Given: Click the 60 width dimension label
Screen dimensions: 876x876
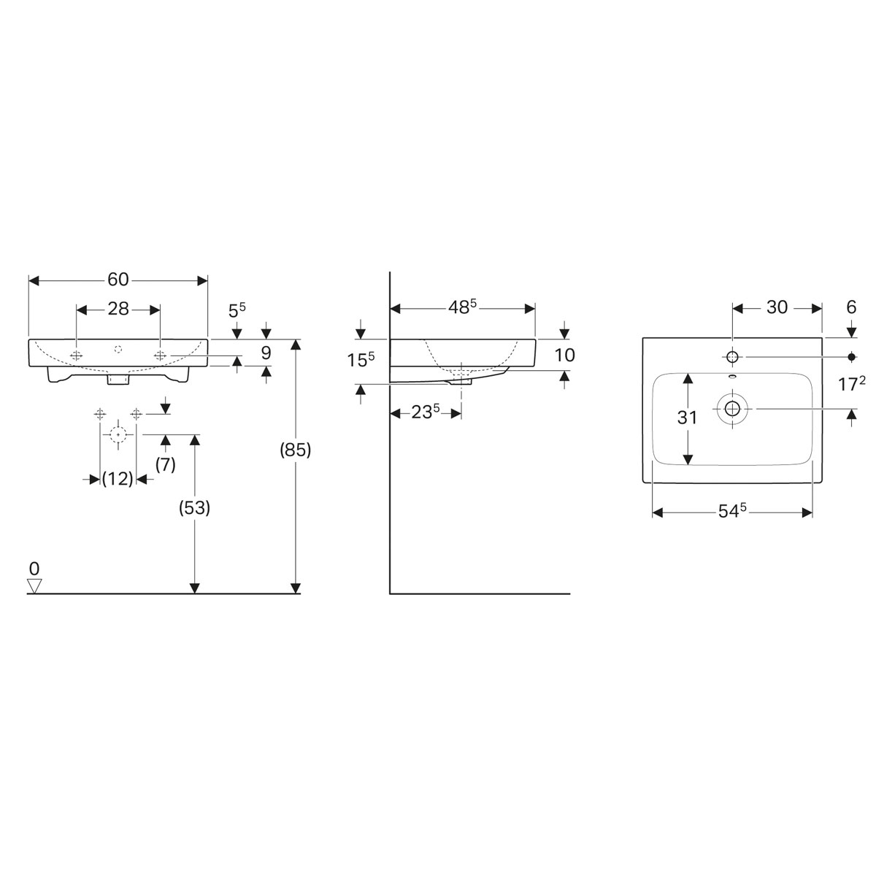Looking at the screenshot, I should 118,280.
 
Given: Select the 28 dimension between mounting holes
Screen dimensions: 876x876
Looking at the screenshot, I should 118,309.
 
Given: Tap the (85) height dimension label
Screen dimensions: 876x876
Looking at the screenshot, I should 296,451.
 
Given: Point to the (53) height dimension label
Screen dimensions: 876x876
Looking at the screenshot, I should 195,508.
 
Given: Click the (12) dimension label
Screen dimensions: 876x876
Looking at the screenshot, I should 118,479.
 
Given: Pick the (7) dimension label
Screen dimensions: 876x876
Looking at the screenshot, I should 166,465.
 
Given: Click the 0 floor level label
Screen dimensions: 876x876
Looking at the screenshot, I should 34,568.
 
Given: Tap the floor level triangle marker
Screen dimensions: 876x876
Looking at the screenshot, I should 34,585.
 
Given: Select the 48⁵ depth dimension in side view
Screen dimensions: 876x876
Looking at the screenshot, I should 463,307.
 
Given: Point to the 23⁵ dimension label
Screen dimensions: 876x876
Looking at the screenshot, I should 426,412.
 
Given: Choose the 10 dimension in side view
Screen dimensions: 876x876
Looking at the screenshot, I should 565,355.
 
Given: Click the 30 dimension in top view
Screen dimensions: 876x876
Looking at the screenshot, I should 777,307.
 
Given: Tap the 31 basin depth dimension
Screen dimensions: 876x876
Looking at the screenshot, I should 687,418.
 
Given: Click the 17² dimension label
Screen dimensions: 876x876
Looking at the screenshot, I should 851,383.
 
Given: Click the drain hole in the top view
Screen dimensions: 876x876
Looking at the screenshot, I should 732,409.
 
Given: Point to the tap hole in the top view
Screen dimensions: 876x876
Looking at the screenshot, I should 733,356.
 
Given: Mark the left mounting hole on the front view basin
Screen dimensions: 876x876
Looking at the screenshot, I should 77,355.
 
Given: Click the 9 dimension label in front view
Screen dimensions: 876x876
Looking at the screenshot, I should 266,353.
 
